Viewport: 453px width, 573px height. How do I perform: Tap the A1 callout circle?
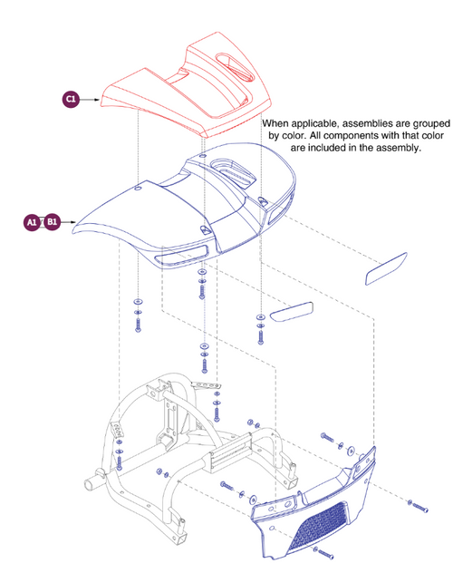pyautogui.click(x=31, y=221)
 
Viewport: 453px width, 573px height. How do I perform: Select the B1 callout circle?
pyautogui.click(x=53, y=221)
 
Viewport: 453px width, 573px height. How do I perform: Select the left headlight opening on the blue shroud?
pyautogui.click(x=178, y=257)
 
